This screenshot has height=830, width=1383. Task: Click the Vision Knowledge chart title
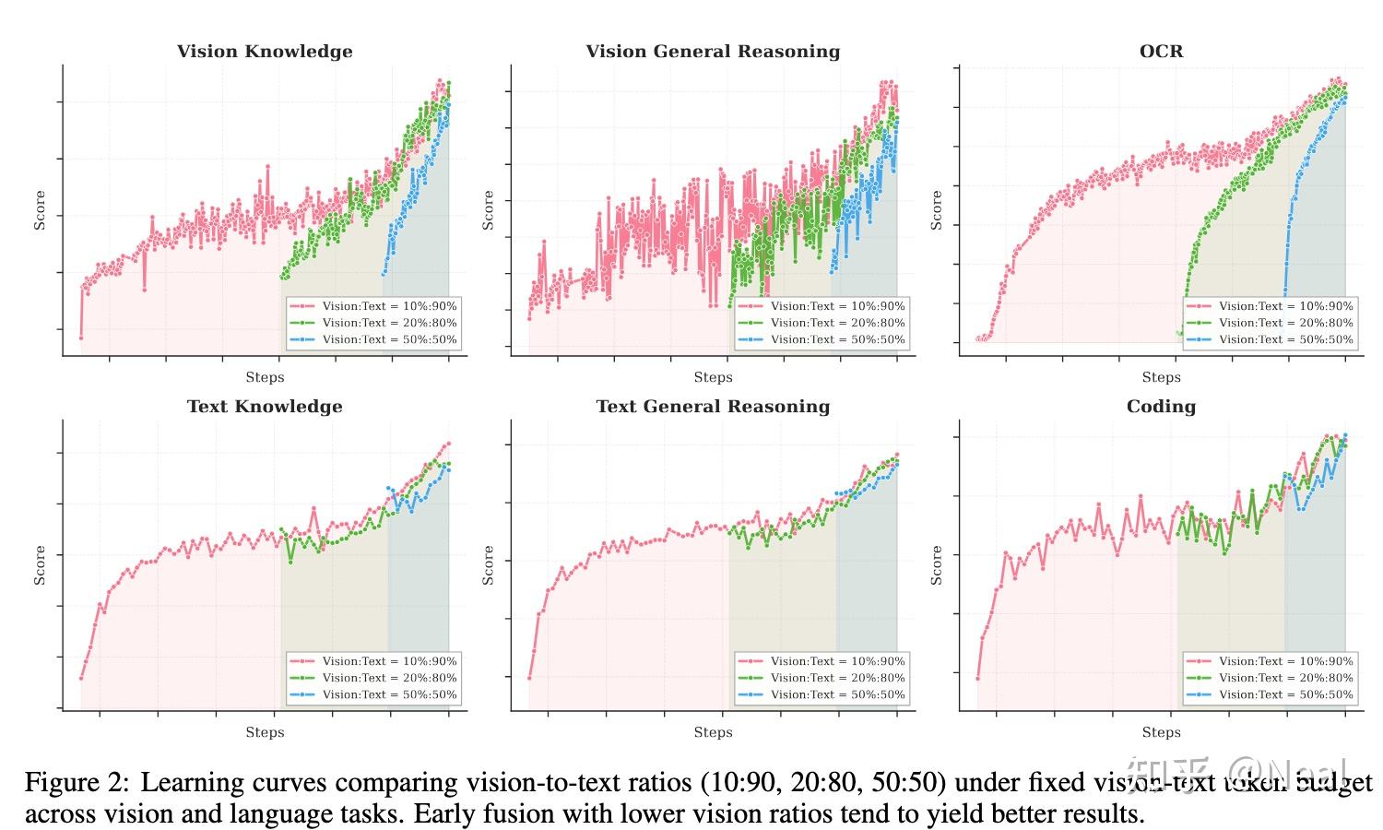point(265,52)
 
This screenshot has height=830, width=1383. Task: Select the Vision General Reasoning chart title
point(713,52)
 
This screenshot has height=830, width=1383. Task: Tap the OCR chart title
point(1161,52)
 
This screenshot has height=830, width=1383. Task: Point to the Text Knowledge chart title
point(265,407)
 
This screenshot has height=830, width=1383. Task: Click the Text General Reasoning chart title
point(713,407)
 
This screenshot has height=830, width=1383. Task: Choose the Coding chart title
point(1161,407)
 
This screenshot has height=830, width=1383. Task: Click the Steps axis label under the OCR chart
point(1161,377)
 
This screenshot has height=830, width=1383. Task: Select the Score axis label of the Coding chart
point(937,565)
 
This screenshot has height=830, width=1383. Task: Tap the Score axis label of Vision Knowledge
point(40,210)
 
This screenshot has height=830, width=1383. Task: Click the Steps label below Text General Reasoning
point(713,732)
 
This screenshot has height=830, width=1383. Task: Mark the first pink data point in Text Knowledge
point(81,679)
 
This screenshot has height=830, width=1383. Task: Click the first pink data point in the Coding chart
point(977,679)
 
